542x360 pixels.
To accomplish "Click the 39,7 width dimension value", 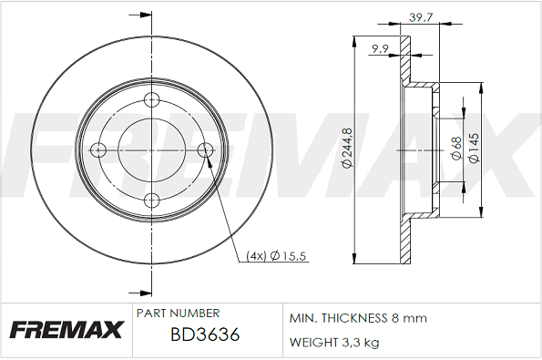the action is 421,17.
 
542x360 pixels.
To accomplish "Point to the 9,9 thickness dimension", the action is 380,49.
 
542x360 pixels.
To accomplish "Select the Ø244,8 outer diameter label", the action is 347,148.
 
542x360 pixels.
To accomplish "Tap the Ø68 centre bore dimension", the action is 456,149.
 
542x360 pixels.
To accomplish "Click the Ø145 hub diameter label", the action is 474,148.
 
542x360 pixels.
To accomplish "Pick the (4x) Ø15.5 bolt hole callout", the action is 276,256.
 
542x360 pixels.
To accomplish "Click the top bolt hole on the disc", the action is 151,100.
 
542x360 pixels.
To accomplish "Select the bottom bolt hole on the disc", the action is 151,201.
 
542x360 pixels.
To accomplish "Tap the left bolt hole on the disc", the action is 98,150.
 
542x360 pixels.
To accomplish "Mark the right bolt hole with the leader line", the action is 205,150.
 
